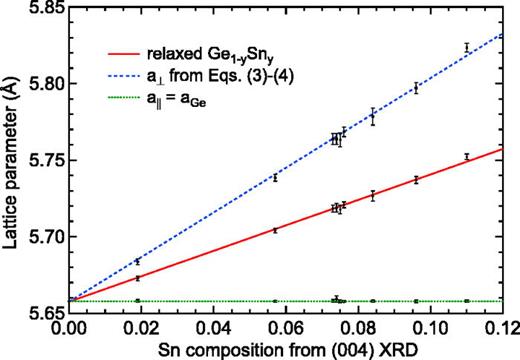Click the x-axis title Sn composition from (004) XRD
click(x=292, y=348)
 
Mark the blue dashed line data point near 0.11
click(x=466, y=47)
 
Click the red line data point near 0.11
click(x=466, y=156)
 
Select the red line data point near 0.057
click(x=275, y=229)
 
